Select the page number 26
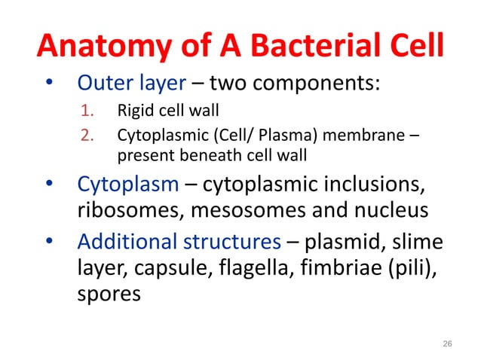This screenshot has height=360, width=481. (447, 343)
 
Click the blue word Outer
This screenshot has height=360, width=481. (105, 84)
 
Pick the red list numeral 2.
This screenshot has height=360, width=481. (86, 137)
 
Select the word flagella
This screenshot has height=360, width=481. (261, 267)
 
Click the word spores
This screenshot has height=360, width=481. (109, 293)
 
